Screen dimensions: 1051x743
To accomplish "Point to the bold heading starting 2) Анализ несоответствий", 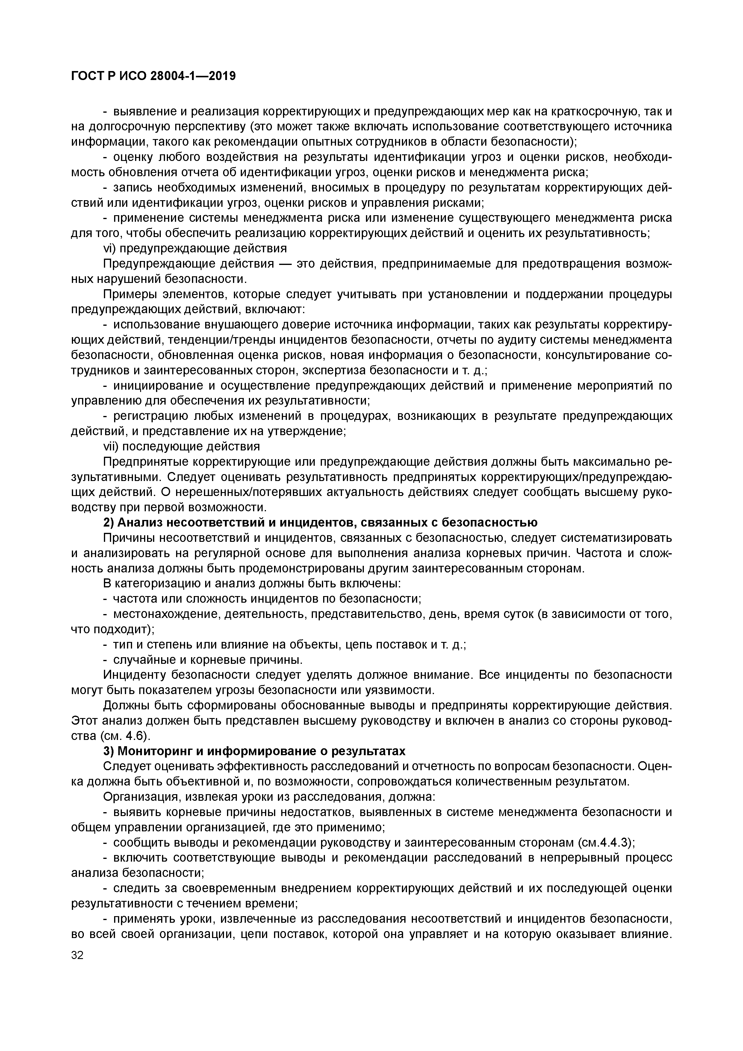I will coord(320,522).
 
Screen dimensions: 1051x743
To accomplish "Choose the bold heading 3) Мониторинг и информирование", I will coord(254,751).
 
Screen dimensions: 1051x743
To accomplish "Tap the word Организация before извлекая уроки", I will coord(138,797).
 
